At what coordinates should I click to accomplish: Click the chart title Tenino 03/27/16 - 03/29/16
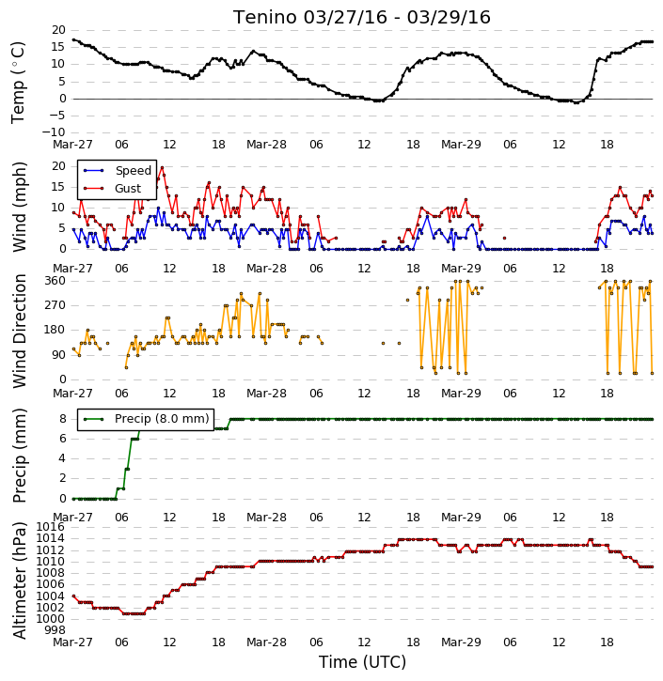pos(362,17)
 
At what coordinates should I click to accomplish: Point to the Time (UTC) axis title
pos(362,662)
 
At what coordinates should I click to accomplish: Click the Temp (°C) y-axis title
pos(18,83)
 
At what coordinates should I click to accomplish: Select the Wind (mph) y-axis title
pos(19,207)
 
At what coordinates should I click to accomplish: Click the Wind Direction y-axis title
pos(19,331)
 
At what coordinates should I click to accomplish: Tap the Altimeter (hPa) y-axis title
pos(19,580)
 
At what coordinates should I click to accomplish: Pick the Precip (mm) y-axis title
pos(19,456)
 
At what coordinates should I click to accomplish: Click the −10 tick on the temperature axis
pos(54,132)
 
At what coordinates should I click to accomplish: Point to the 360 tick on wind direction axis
pos(55,281)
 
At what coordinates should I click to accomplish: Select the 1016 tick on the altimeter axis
pos(51,527)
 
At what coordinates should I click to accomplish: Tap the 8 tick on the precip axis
pos(63,419)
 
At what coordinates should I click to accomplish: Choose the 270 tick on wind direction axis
pos(55,305)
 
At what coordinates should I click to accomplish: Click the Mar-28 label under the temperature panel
pos(266,145)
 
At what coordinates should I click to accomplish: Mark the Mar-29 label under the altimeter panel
pos(461,642)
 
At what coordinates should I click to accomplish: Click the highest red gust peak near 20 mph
pos(162,167)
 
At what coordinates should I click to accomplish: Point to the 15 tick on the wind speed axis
pos(59,187)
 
